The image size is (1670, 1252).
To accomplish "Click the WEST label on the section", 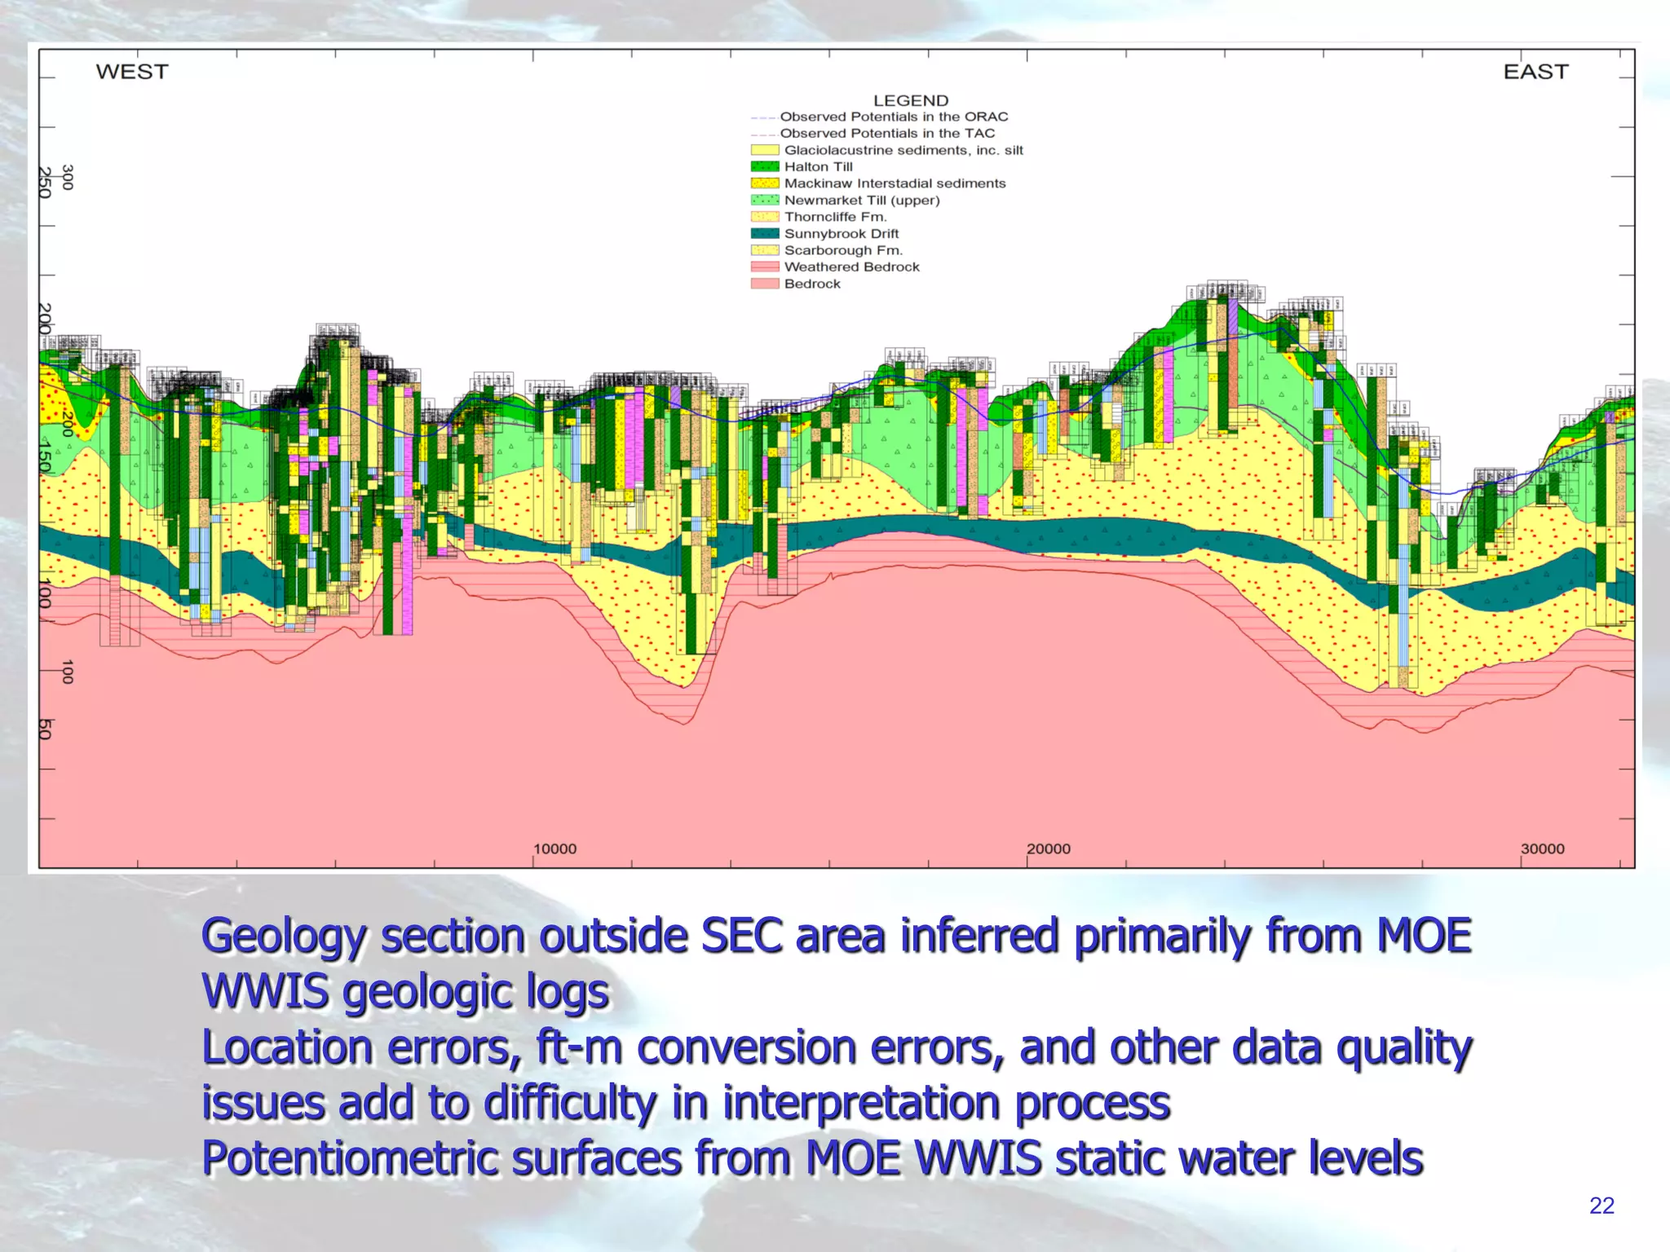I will [132, 72].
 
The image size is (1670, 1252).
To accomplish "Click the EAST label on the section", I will [1535, 72].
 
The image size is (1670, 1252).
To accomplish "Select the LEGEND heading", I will [911, 100].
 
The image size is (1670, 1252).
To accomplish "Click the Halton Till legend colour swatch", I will [764, 166].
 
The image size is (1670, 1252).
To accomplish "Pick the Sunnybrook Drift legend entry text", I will [841, 234].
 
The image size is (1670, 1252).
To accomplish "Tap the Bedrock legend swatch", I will [764, 284].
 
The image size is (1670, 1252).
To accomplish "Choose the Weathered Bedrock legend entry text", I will [851, 267].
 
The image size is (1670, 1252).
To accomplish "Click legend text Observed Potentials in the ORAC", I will [894, 117].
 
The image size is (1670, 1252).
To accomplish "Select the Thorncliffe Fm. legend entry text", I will [835, 217].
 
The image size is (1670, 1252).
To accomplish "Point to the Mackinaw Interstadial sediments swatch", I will [764, 183].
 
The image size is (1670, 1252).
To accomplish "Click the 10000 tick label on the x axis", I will [554, 849].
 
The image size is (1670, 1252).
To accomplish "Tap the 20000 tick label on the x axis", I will [1048, 849].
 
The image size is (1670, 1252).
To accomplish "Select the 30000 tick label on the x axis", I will [1542, 849].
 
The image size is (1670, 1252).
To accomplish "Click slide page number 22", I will [1601, 1206].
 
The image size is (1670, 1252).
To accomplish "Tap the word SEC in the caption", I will [742, 935].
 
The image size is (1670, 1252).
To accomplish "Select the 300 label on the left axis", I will [68, 177].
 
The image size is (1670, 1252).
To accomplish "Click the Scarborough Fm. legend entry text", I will [843, 250].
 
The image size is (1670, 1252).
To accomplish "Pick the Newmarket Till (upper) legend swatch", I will [764, 200].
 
